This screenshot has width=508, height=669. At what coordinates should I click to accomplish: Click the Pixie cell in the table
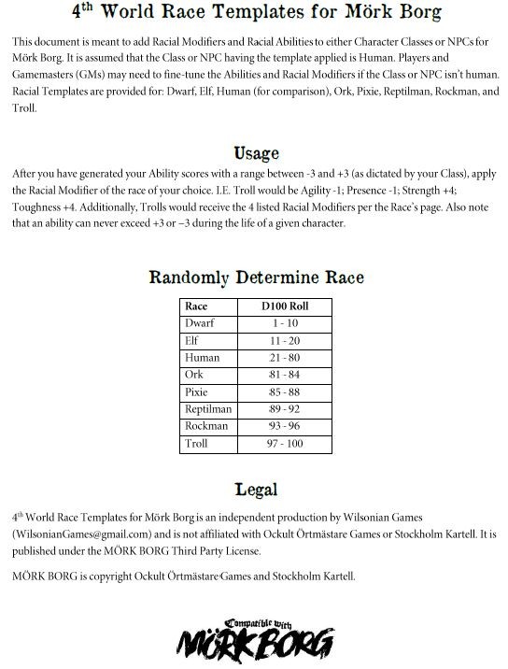(x=197, y=391)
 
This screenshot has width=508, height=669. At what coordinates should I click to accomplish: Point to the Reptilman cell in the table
(x=207, y=408)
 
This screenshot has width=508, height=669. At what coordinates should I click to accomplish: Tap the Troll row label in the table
(x=197, y=443)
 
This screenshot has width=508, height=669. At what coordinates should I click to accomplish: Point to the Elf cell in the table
(x=193, y=340)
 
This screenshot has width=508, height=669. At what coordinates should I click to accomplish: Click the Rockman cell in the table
(x=205, y=426)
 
